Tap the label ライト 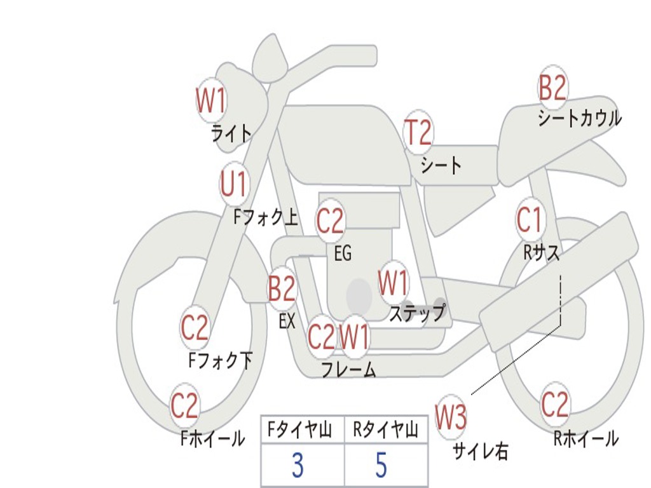point(231,133)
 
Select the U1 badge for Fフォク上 point(234,184)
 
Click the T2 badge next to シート point(418,133)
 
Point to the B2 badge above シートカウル point(552,88)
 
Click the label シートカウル point(579,118)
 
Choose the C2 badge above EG point(330,221)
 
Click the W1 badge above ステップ point(394,283)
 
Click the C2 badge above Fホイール point(185,406)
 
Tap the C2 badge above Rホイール point(554,404)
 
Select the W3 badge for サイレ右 point(451,417)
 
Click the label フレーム point(348,369)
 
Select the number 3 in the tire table point(298,466)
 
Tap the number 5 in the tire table point(381,466)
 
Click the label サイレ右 point(481,451)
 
